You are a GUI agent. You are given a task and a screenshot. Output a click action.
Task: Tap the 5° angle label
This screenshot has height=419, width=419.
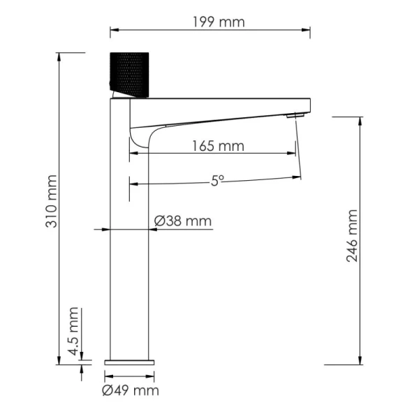[x=217, y=180]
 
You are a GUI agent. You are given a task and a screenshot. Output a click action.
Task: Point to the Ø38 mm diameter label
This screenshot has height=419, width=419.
[x=182, y=221]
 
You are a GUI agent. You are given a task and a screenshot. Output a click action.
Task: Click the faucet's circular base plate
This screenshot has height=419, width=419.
[x=131, y=362]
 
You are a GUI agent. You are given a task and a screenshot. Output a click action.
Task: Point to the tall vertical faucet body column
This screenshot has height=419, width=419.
[x=131, y=244]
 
